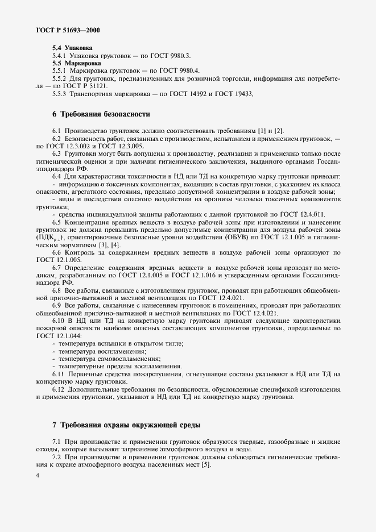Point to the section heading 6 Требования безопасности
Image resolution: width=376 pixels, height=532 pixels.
pyautogui.click(x=101, y=114)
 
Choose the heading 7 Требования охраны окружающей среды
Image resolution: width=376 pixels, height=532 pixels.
pyautogui.click(x=126, y=425)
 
